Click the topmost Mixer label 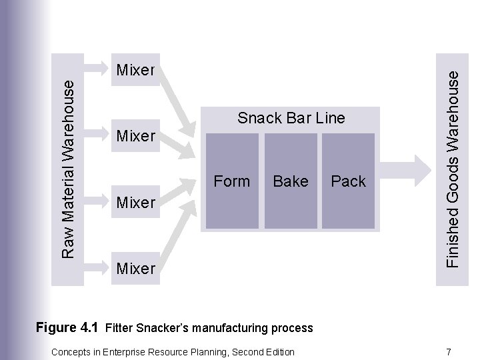tap(135, 69)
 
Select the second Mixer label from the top tap(135, 136)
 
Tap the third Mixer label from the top tap(135, 201)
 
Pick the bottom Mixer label tap(135, 268)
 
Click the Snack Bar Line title tap(291, 118)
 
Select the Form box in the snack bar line tap(231, 181)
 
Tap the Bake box tap(291, 181)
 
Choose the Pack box tap(348, 181)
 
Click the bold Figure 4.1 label tap(67, 327)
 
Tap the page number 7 tap(449, 351)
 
